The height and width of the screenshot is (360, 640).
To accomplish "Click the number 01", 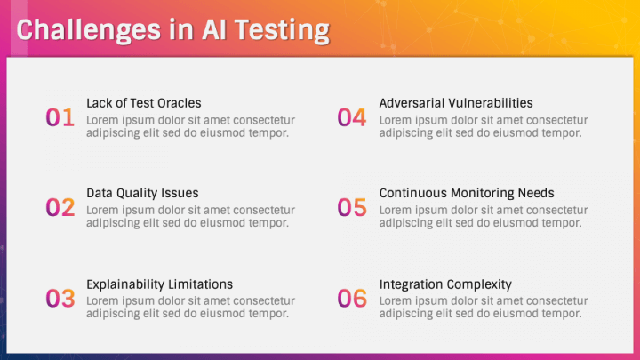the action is coord(60,117).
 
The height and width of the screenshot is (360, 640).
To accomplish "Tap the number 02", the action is coord(60,207).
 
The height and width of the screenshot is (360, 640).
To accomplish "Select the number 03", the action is coord(60,298).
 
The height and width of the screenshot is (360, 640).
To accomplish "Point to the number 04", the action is coord(352,117).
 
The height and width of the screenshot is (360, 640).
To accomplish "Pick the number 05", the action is coord(352,207).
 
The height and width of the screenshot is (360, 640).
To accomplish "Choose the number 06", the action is coord(352,298).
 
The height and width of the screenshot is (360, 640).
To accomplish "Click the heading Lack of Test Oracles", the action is coord(144,103).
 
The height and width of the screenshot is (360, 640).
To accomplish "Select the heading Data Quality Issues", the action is coord(142,193).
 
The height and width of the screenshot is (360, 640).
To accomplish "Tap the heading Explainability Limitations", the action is coord(160,284).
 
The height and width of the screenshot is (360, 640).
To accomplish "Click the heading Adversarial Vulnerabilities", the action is coord(456,103).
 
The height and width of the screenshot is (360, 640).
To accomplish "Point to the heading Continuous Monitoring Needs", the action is coord(467,193).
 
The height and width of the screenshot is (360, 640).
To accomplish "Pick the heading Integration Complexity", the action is coord(445,284).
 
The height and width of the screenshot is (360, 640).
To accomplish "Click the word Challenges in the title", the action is coord(89,31).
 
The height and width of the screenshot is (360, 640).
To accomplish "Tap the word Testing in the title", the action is coord(282,31).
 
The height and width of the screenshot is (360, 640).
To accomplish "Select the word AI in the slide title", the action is coord(213,29).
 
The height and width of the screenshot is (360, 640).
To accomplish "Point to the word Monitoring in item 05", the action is coord(483,193).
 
